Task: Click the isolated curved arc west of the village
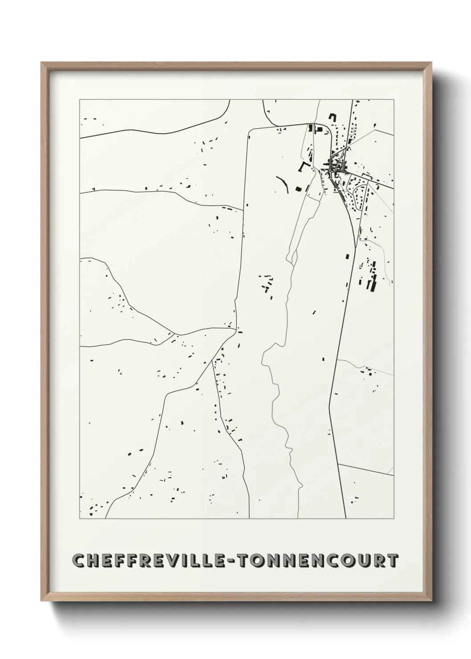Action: (x=282, y=183)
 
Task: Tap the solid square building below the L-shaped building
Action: (x=298, y=189)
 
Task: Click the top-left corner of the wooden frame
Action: (x=41, y=63)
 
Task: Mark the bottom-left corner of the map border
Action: (x=80, y=519)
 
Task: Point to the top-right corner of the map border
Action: (x=394, y=100)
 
